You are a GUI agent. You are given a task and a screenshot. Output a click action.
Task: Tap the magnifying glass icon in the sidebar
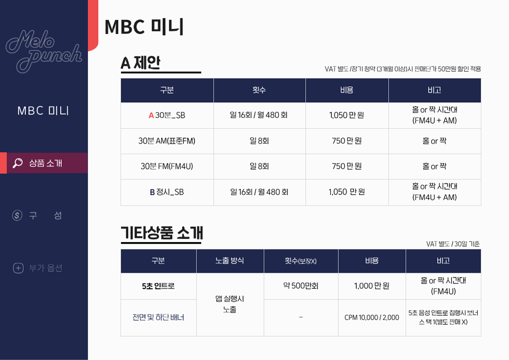click(x=18, y=163)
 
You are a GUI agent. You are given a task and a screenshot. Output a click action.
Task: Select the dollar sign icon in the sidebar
click(x=17, y=215)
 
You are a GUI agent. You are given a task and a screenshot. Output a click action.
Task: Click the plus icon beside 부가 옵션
click(x=18, y=268)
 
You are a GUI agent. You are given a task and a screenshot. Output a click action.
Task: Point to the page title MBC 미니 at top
click(x=144, y=27)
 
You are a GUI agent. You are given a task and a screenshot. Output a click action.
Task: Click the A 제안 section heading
click(x=141, y=63)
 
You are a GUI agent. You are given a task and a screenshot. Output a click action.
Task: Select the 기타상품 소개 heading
click(x=162, y=233)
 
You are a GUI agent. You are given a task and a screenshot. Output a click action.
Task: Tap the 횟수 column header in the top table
click(x=259, y=90)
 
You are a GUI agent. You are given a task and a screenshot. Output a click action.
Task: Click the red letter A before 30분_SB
click(x=151, y=116)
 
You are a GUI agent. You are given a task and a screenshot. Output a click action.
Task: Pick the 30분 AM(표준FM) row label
click(x=167, y=141)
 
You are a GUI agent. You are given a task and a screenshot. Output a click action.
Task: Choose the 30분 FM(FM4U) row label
click(x=167, y=166)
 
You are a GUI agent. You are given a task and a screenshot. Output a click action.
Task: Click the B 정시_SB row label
click(x=167, y=192)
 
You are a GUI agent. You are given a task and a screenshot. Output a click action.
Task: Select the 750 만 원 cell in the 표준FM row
click(x=347, y=141)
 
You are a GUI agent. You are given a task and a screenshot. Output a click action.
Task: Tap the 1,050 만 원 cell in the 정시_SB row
click(x=347, y=192)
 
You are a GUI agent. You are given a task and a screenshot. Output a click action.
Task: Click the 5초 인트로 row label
click(x=159, y=286)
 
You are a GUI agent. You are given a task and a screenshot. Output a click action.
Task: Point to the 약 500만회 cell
click(x=301, y=286)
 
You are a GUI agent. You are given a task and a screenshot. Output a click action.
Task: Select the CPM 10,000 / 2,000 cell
click(x=372, y=318)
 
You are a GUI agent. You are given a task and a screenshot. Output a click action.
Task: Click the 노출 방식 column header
click(x=230, y=261)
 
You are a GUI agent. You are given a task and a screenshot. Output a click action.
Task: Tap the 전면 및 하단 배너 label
click(x=159, y=318)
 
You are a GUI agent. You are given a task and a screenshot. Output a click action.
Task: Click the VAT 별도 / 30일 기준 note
click(x=453, y=244)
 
